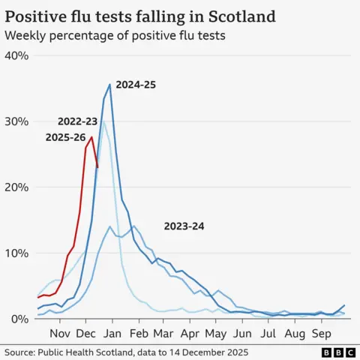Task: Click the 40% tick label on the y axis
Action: coord(16,56)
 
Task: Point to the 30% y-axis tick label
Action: coord(16,121)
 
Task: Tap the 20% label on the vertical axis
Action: coord(16,187)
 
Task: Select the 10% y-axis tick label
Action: coord(16,253)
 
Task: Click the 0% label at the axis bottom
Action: coord(19,319)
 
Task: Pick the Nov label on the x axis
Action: coord(61,333)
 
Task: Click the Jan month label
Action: coord(112,333)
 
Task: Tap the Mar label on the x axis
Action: coord(163,333)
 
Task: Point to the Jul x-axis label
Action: coord(268,333)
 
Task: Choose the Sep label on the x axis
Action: coord(321,333)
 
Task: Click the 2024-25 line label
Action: coord(136,85)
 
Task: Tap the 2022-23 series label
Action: coord(78,121)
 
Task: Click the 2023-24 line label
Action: coord(184,226)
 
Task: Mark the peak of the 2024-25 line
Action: coord(110,84)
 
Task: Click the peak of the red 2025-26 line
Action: coord(91,136)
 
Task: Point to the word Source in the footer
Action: coord(20,352)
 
